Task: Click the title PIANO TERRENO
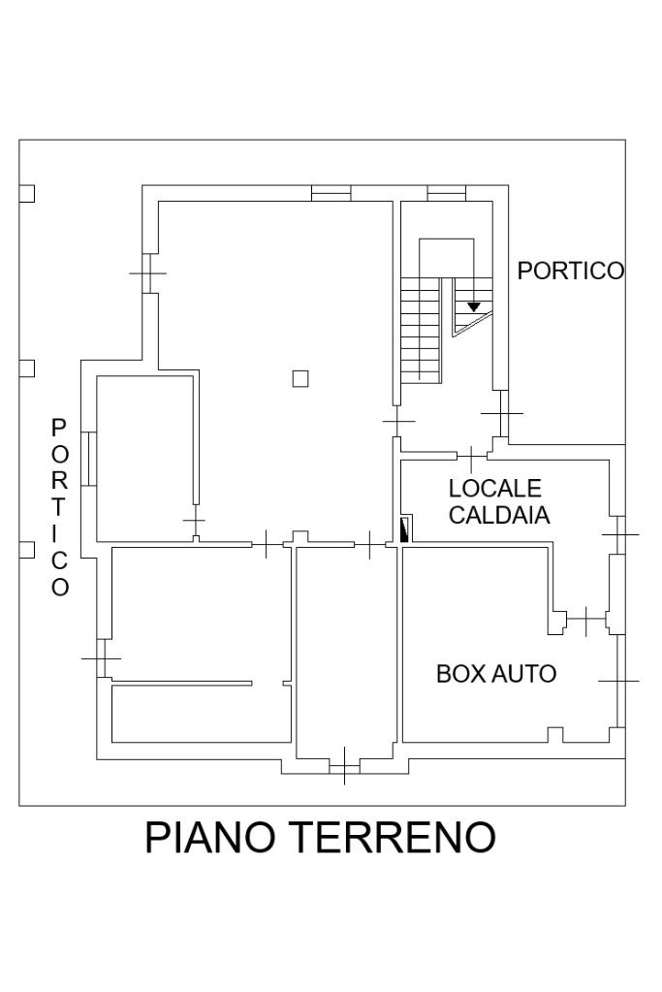point(320,837)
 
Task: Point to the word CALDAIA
point(499,515)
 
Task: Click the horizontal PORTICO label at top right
point(570,271)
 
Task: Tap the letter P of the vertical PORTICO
point(59,428)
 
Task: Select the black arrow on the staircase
point(473,306)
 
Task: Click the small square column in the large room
point(300,378)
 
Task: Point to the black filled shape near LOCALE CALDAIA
point(405,529)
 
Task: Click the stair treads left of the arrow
point(422,330)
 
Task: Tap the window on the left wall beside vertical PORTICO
point(89,459)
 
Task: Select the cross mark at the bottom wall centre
point(344,767)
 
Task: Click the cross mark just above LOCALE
point(472,456)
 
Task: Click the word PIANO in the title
point(209,837)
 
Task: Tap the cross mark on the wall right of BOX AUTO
point(618,681)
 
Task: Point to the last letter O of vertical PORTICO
point(60,587)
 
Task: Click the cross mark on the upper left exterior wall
point(148,273)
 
